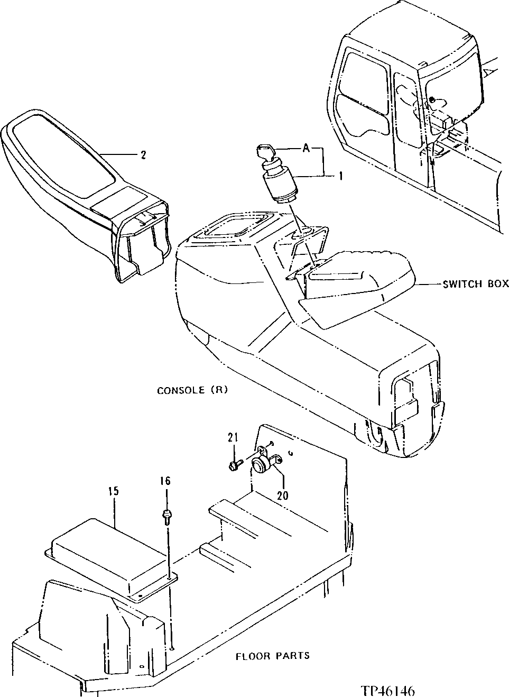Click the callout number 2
(x=143, y=155)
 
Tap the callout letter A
(x=305, y=150)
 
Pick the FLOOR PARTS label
(x=272, y=656)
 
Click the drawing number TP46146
(x=388, y=691)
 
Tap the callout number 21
(x=233, y=437)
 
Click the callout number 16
(x=166, y=481)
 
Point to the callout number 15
(x=114, y=491)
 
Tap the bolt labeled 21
(x=235, y=465)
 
